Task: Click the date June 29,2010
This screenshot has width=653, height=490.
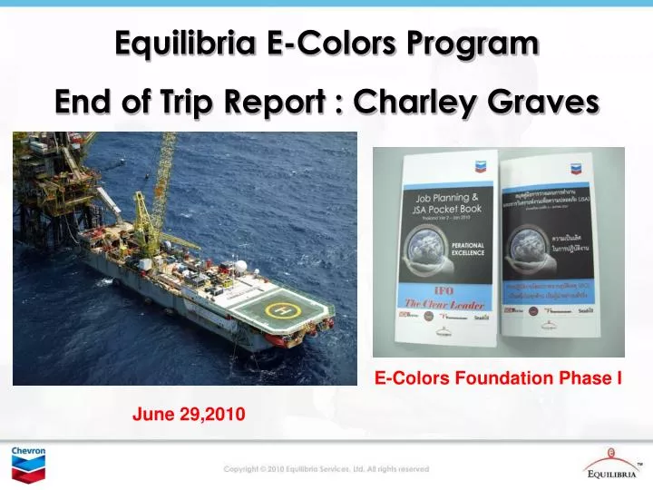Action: tap(188, 414)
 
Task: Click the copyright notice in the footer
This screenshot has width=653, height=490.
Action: tap(326, 469)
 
